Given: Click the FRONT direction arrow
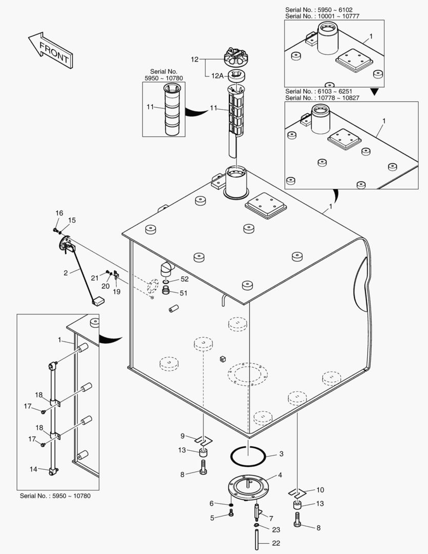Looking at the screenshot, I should [x=50, y=50].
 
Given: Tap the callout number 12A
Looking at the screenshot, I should [x=217, y=75].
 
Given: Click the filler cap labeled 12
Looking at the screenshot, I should [x=236, y=57].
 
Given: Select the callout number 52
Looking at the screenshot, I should [x=185, y=279].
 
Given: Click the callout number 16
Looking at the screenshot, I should [x=59, y=213].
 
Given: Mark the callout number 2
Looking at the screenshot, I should [x=66, y=272].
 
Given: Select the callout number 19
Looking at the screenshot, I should [x=116, y=291].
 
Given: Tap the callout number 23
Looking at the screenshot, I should [x=276, y=529].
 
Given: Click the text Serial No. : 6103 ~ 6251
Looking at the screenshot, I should [x=320, y=91].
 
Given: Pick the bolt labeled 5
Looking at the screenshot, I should [x=231, y=513].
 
